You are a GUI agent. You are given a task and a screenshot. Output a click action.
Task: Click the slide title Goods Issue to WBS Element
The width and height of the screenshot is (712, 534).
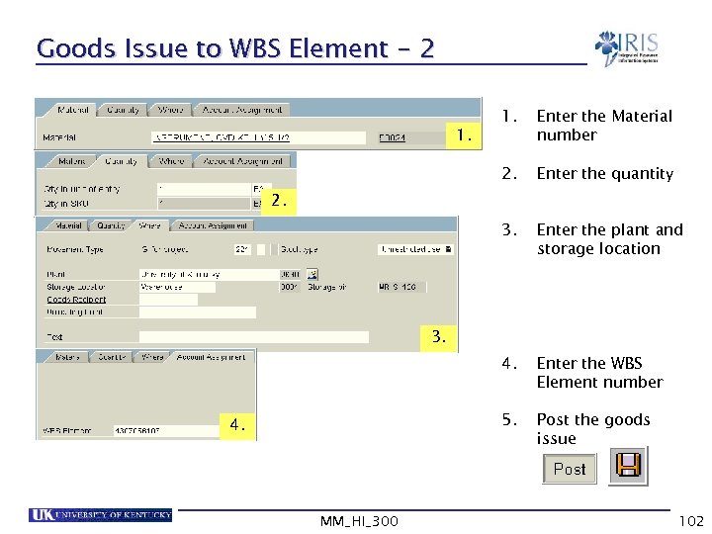point(234,48)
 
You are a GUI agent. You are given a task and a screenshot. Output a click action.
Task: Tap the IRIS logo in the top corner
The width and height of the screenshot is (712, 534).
point(627,47)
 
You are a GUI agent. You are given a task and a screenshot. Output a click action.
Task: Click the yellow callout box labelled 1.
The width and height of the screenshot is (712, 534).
point(462,133)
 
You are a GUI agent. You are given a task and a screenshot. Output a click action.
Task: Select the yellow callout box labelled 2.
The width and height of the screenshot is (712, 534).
point(281,201)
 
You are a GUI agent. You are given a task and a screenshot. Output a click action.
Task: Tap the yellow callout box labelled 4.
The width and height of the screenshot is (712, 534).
point(237,425)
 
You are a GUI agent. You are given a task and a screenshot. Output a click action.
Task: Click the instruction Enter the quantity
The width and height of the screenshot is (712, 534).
point(604,174)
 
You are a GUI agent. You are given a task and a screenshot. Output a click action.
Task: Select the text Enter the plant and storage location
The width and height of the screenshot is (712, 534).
point(609,239)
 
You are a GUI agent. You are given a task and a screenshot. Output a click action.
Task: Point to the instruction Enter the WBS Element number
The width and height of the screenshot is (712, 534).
point(599,373)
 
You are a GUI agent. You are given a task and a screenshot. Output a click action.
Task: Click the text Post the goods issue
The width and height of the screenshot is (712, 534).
point(593,429)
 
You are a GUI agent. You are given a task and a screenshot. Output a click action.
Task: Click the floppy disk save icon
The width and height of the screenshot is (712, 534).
point(627,467)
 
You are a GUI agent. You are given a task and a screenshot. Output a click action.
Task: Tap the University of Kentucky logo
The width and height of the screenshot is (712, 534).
point(100,515)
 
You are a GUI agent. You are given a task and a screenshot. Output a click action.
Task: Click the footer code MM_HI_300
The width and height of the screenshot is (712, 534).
point(360,520)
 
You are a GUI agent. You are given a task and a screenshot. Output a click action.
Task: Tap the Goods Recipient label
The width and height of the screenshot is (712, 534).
point(76,300)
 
